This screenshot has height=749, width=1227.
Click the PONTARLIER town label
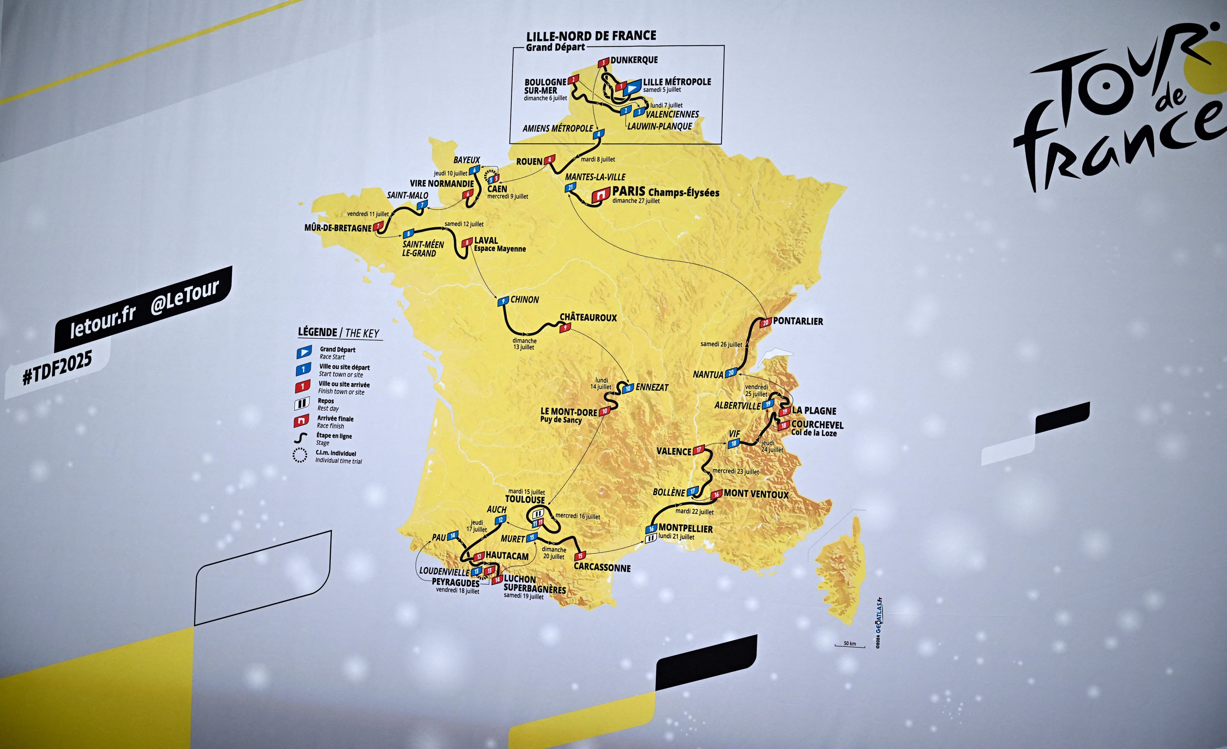(798, 321)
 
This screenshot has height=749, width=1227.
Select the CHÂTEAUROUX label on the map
(588, 317)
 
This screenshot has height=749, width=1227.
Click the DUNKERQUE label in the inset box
(634, 60)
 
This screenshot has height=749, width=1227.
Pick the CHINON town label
(524, 299)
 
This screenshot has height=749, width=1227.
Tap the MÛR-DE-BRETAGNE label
(338, 228)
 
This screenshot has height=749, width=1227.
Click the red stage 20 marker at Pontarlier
(765, 322)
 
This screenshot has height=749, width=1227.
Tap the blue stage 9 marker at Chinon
(504, 301)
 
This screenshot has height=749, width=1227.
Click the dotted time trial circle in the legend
(300, 455)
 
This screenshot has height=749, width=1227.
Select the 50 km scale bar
(850, 646)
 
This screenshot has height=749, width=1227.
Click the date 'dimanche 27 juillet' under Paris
(636, 201)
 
